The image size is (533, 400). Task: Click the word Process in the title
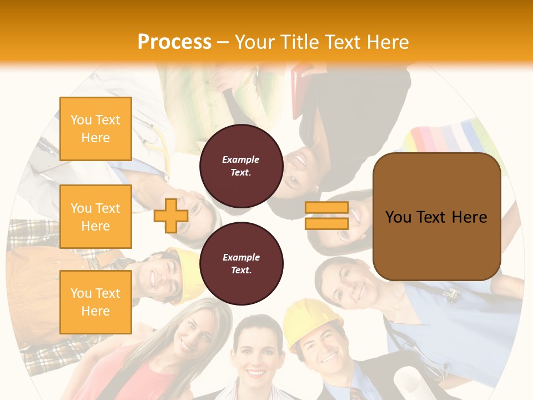pos(174,42)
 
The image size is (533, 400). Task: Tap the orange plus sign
pos(170,216)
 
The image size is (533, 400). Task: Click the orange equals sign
pos(326,216)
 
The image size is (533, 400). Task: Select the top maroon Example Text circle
pos(241,166)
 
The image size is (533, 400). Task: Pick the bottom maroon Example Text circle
pos(241,263)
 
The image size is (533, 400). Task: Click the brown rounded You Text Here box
pos(436,217)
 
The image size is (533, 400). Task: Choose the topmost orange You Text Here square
pos(95,129)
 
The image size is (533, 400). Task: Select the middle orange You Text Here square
pos(95,217)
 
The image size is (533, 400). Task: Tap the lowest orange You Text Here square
pos(95,302)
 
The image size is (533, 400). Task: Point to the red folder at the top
pos(303,89)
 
